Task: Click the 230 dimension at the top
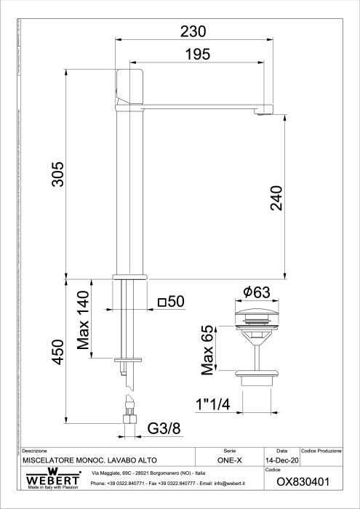tap(193, 31)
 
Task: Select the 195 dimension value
tap(196, 54)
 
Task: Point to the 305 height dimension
tap(57, 175)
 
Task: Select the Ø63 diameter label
tap(257, 292)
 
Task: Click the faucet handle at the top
tap(129, 87)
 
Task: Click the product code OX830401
tap(304, 481)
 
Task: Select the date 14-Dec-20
tap(281, 461)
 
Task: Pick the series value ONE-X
tap(230, 461)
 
